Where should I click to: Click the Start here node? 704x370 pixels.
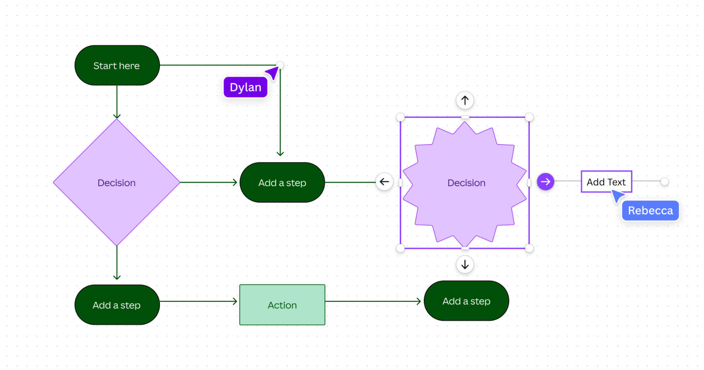point(117,66)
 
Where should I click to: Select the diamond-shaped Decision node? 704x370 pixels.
point(117,183)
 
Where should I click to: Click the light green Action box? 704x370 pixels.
point(282,305)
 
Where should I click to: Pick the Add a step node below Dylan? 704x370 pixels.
point(282,183)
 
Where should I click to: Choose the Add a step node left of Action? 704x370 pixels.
point(117,305)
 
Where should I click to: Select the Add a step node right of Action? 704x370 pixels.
point(466,301)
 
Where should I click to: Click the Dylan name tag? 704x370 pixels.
point(245,87)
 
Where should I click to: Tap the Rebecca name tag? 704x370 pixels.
point(650,211)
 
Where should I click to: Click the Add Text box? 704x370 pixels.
point(606,182)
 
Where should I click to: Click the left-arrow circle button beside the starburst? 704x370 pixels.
point(384,182)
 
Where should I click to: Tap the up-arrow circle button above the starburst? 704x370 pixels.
point(465,100)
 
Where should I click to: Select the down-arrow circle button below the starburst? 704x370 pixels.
point(465,264)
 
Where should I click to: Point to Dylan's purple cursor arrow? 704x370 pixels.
point(273,73)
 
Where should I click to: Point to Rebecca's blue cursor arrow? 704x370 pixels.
point(617,196)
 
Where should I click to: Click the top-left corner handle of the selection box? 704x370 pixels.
point(400,117)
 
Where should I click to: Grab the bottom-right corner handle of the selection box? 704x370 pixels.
point(529,248)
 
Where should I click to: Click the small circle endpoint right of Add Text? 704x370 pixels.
point(664,181)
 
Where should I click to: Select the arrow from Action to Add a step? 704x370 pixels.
point(373,301)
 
